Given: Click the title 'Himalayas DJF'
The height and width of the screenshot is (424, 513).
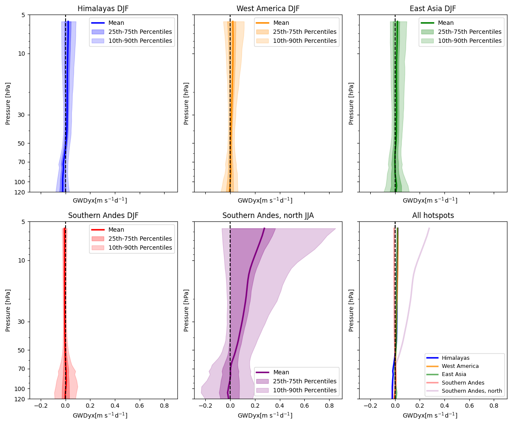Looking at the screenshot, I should point(103,9).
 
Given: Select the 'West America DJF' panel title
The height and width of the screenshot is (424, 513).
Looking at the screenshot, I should point(268,9).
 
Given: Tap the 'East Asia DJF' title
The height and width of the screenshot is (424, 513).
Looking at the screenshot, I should point(432,9).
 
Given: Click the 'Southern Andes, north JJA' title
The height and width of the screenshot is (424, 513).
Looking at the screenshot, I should point(268,215).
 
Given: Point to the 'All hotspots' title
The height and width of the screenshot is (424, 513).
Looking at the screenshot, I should point(432,215).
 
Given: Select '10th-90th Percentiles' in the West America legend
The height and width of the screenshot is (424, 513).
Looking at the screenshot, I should point(305,41).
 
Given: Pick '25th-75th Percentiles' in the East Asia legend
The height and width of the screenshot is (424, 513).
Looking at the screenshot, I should point(469,32).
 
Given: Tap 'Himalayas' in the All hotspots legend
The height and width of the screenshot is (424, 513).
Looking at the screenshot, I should point(456,358).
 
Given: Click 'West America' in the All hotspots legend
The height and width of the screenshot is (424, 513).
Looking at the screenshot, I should point(460,366).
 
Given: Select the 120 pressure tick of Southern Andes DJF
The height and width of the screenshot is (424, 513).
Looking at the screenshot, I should point(19,399).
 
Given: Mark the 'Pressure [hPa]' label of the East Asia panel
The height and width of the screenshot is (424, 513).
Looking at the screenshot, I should point(351,103).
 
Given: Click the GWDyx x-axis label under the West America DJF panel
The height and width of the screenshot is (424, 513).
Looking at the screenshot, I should point(265,200).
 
